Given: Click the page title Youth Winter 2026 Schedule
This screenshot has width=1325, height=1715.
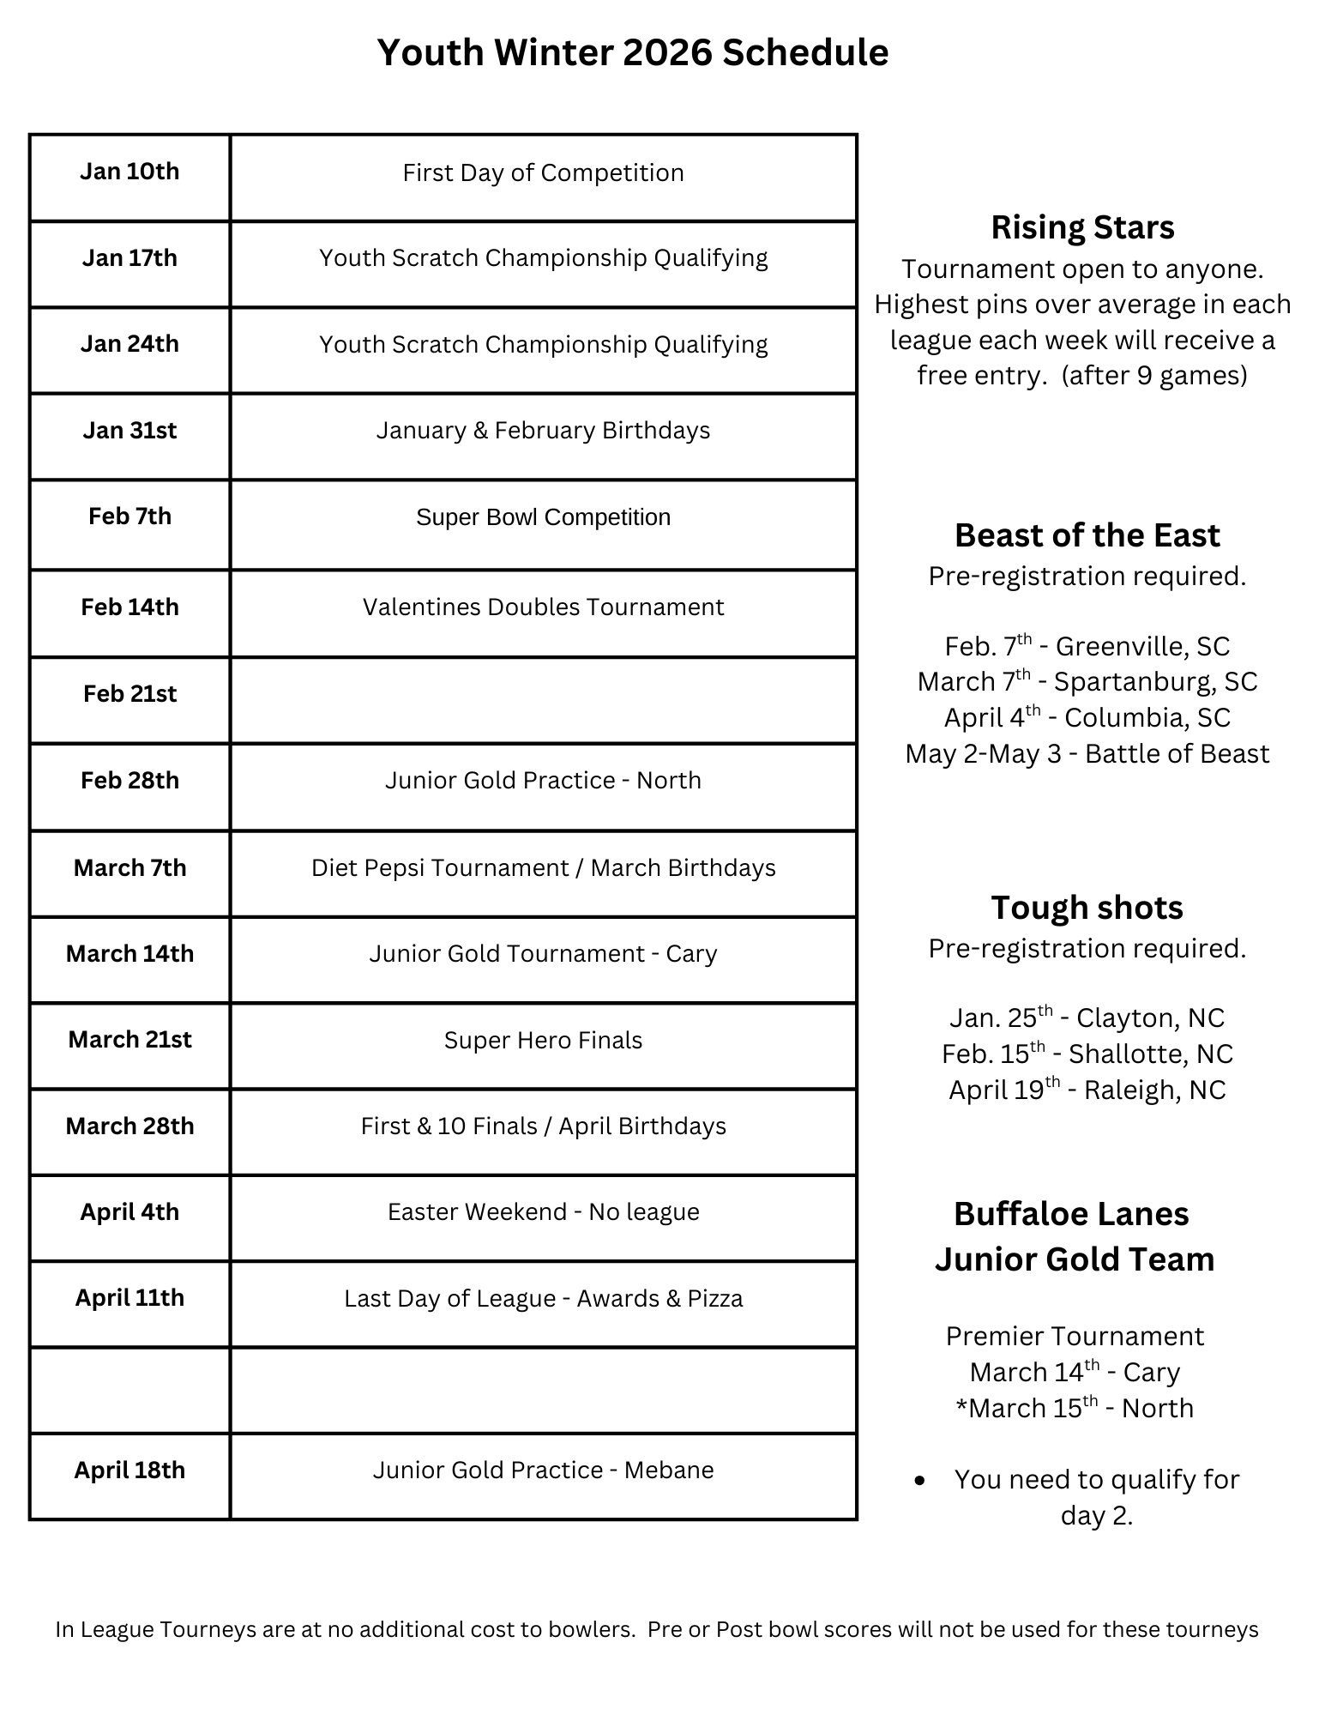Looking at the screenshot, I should (x=632, y=52).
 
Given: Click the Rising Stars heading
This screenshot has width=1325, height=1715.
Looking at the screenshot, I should (x=1082, y=227).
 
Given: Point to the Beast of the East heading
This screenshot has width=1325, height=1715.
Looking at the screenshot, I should (x=1087, y=535).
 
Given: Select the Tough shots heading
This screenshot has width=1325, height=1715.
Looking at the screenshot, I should (x=1087, y=908).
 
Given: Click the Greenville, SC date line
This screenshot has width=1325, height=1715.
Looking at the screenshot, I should (x=1087, y=646).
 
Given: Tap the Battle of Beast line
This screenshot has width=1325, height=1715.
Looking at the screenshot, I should (x=1087, y=754).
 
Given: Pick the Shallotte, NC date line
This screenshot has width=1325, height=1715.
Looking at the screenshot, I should (x=1087, y=1054).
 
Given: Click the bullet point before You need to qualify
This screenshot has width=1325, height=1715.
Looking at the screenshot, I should (x=920, y=1481).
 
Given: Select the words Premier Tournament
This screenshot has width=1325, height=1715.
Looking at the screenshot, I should (x=1075, y=1337).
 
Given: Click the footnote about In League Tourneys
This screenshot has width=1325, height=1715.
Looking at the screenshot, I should (x=656, y=1630).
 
